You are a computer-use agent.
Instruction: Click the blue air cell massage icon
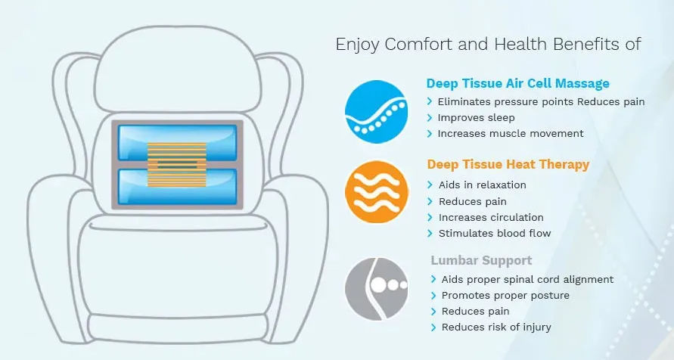(376, 112)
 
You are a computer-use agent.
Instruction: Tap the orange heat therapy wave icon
(376, 192)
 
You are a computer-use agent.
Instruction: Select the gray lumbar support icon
(376, 289)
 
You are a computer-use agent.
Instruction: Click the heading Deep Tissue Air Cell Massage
(517, 83)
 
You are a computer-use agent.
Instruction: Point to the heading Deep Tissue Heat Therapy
(508, 165)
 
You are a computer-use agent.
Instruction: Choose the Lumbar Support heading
(481, 260)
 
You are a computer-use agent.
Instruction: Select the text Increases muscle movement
(511, 134)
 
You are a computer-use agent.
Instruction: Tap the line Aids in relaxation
(483, 185)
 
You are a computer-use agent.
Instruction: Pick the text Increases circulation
(491, 217)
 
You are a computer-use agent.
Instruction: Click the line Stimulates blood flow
(495, 233)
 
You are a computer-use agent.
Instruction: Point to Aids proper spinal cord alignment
(527, 280)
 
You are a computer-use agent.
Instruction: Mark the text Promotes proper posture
(505, 296)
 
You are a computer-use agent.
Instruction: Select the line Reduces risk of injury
(496, 327)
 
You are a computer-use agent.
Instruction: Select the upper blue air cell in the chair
(177, 143)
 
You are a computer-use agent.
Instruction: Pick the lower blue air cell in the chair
(177, 187)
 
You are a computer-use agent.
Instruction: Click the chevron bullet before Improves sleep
(430, 118)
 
